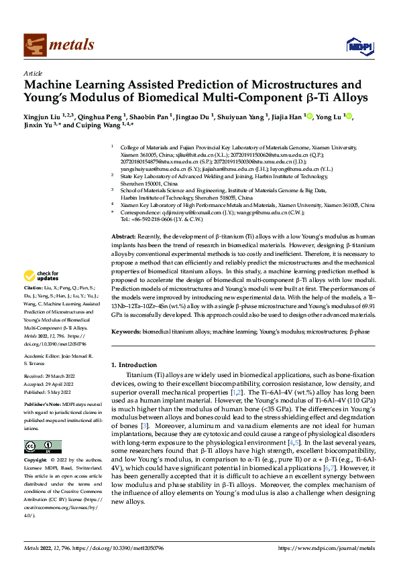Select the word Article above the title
tap(33, 73)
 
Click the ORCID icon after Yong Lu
tap(348, 116)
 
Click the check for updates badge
tap(42, 275)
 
